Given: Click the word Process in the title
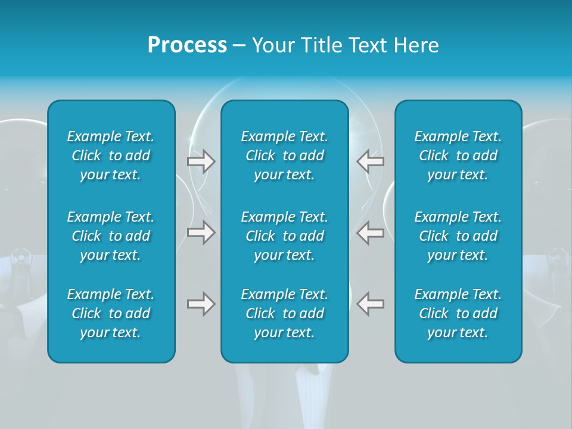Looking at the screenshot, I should click(187, 45).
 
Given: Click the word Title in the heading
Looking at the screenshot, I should click(320, 45).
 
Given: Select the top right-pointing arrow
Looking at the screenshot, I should click(201, 161).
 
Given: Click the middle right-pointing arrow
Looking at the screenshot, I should click(201, 232).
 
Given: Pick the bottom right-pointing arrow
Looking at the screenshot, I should click(201, 304).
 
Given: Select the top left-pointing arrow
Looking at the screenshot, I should click(371, 161).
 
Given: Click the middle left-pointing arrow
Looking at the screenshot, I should click(371, 232).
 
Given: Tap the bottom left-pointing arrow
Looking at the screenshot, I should click(371, 304).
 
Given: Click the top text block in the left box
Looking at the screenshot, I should click(111, 156).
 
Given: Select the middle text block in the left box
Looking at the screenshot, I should click(111, 236).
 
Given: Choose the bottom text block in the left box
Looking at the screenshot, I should click(111, 313).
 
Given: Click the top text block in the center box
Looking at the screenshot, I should click(285, 156).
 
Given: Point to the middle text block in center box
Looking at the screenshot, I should click(285, 236).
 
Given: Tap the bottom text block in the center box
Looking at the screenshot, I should click(285, 313).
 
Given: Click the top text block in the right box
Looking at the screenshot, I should click(458, 156).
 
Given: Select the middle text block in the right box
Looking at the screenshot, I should click(458, 236).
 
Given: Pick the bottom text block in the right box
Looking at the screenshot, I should click(458, 313).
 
